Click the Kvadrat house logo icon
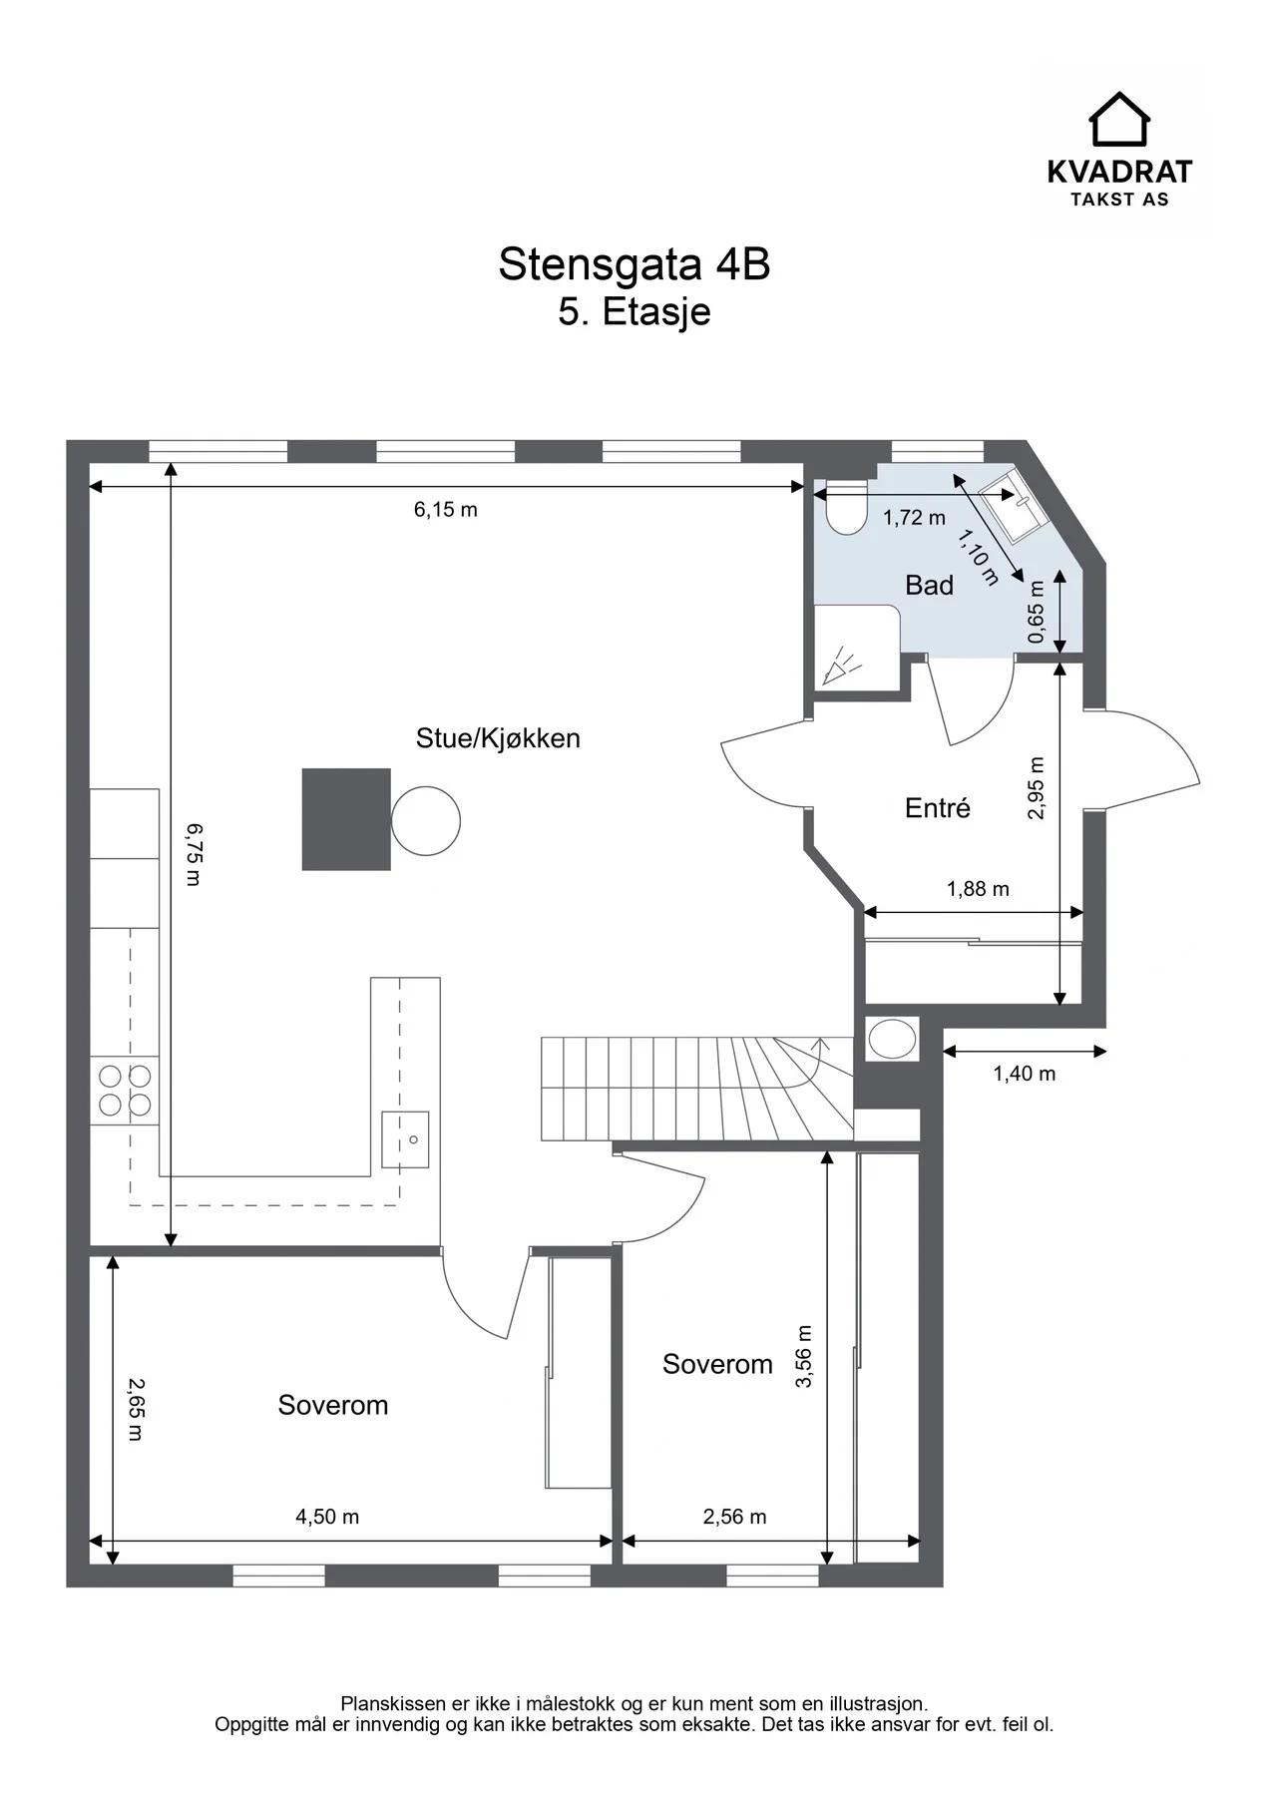pos(1118,119)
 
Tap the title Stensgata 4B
pos(635,264)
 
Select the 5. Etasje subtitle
pos(635,311)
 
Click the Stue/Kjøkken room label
pos(498,738)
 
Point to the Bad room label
pos(929,585)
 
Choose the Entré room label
pos(937,807)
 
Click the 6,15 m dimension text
pos(446,510)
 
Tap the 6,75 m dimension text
pos(193,854)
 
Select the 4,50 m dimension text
pos(327,1517)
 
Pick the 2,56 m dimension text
pos(735,1517)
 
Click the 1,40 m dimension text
pos(1025,1074)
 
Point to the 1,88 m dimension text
pos(978,888)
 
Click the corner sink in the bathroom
pos(1011,505)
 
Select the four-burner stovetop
pos(125,1091)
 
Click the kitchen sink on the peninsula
pos(406,1139)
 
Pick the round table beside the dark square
pos(426,821)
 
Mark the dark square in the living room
pos(346,819)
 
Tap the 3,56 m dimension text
pos(806,1355)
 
